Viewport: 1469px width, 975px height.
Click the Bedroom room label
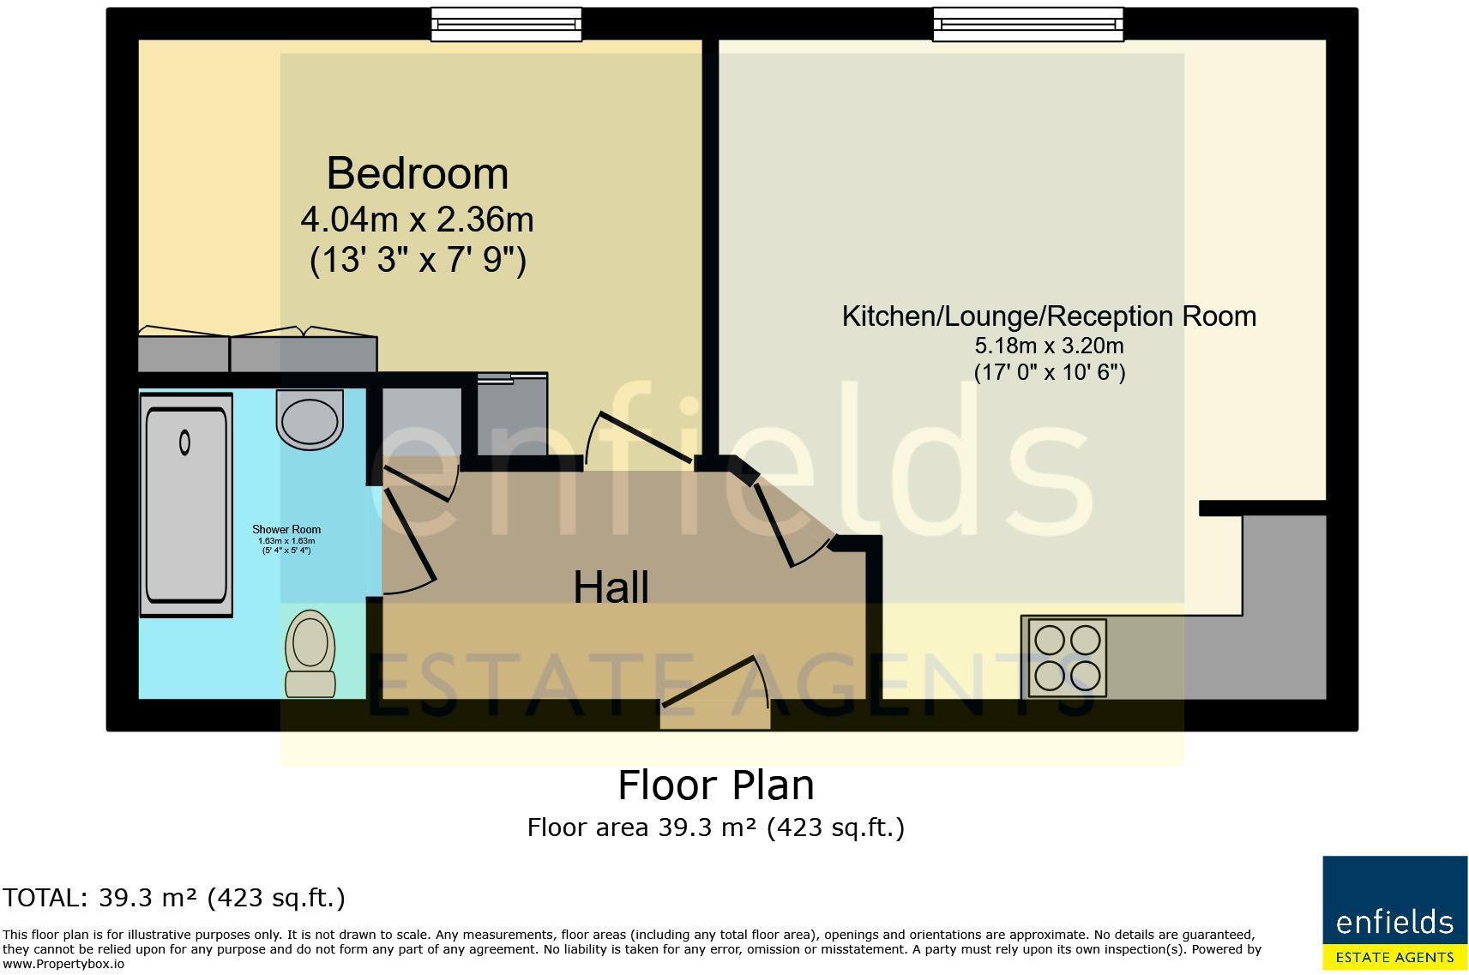click(418, 174)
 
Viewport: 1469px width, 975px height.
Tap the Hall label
click(611, 587)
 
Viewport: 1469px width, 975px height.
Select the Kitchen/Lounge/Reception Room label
click(1049, 316)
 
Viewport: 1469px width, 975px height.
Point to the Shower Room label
click(286, 530)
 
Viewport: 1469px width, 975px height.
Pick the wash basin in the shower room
click(310, 419)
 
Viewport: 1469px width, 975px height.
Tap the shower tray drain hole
click(184, 442)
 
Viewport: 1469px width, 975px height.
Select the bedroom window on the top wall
click(506, 25)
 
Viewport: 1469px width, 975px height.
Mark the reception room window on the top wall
click(1028, 25)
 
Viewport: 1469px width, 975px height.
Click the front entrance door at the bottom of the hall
click(713, 695)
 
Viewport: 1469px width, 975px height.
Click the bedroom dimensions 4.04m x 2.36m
click(418, 220)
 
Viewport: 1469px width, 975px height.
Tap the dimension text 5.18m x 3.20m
click(1049, 346)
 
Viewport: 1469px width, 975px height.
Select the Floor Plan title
click(716, 785)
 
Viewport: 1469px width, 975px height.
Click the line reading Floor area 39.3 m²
click(716, 828)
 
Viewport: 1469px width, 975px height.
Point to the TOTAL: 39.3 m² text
click(174, 898)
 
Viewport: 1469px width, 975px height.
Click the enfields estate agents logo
click(1394, 912)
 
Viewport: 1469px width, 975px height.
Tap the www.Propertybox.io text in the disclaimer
click(63, 964)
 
